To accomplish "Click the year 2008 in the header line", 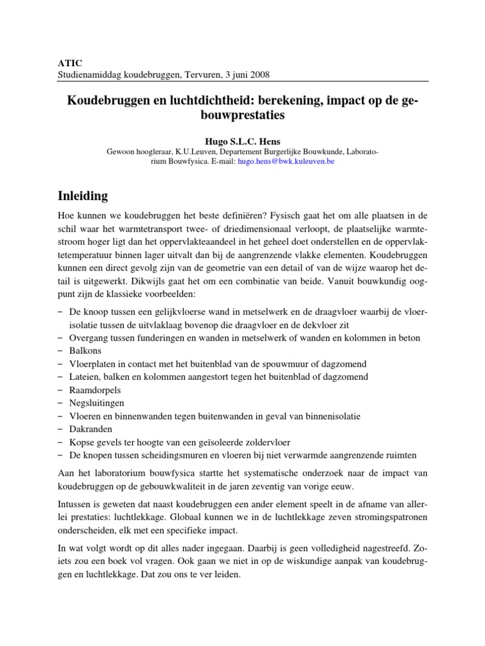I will click(x=259, y=74).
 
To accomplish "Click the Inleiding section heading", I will click(x=83, y=196).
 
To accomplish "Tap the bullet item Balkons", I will click(x=84, y=350).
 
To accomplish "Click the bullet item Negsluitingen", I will click(x=96, y=402).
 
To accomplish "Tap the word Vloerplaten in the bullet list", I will click(x=92, y=363).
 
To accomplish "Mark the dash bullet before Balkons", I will click(x=59, y=350).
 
